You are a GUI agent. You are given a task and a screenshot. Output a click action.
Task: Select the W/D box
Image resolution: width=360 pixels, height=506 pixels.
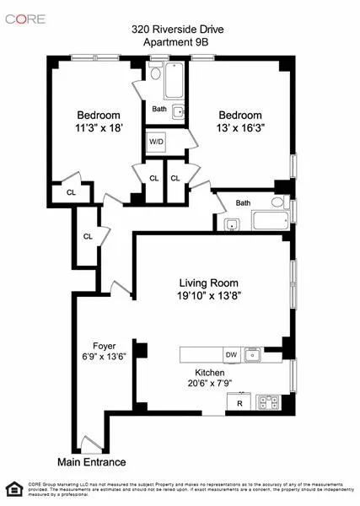tap(157, 142)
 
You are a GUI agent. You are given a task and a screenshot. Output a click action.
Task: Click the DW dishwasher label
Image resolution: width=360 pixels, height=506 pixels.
tap(230, 354)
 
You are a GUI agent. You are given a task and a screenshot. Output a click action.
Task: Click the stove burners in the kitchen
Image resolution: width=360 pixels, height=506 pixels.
tap(269, 401)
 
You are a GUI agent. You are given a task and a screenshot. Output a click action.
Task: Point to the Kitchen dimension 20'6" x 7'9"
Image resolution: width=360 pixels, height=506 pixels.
tap(207, 384)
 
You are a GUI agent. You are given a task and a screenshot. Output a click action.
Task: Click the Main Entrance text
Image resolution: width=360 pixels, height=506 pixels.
tap(91, 462)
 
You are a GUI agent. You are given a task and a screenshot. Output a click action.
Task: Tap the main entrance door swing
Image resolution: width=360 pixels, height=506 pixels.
tap(89, 444)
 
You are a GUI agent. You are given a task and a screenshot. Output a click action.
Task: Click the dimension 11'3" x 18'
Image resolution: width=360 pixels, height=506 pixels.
tap(99, 129)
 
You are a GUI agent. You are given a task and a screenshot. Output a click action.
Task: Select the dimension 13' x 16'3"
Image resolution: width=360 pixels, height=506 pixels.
tap(240, 129)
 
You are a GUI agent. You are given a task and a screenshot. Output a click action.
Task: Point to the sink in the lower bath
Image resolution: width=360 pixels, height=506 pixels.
tap(232, 223)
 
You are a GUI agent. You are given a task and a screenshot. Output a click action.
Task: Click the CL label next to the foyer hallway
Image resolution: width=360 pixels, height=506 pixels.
tap(88, 236)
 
